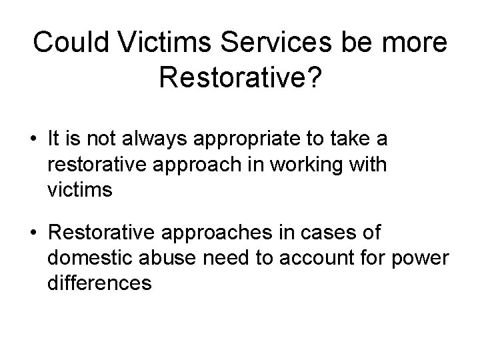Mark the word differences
pos(100,283)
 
